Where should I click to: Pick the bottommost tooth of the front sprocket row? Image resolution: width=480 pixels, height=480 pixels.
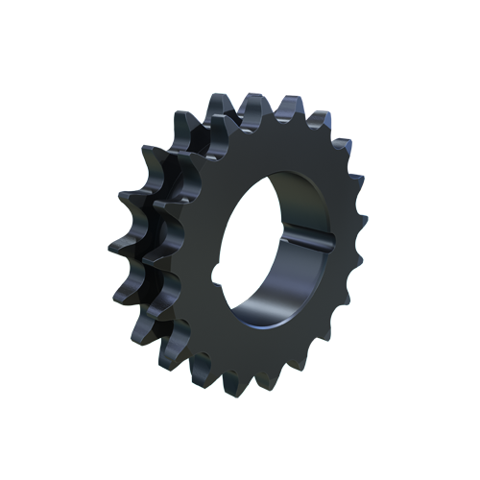coord(237,390)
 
